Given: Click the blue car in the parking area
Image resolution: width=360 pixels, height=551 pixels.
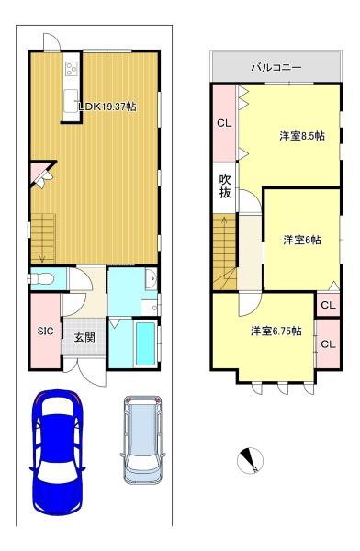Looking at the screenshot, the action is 58,452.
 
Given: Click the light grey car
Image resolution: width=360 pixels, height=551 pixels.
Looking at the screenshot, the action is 143,439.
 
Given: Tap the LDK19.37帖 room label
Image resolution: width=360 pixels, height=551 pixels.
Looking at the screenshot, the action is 107,107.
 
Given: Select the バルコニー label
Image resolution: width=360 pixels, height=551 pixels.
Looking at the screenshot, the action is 276,67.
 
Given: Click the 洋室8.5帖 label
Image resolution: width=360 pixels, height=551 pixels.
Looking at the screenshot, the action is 302,136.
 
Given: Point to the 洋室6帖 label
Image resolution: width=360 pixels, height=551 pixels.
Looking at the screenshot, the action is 302,240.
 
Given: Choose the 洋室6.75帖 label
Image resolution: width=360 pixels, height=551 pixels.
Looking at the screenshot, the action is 276,331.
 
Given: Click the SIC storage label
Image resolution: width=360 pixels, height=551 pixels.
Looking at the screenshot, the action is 46,331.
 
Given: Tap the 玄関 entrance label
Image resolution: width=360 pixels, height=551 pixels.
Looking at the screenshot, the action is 84,338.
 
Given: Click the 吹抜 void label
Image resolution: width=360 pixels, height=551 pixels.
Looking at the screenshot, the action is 225,186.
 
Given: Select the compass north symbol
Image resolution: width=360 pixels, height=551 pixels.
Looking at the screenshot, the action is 250,461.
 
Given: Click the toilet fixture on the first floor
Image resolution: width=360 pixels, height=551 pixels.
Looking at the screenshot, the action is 41,279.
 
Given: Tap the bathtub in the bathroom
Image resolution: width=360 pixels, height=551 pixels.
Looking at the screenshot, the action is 145,343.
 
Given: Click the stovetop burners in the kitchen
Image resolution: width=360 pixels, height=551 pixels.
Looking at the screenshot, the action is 72,69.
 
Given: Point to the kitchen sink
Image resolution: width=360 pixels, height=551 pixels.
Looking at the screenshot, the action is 71,100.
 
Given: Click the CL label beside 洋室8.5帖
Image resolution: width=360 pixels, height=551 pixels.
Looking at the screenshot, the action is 224,123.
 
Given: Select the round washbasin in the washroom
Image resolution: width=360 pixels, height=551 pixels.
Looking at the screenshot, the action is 152,279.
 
